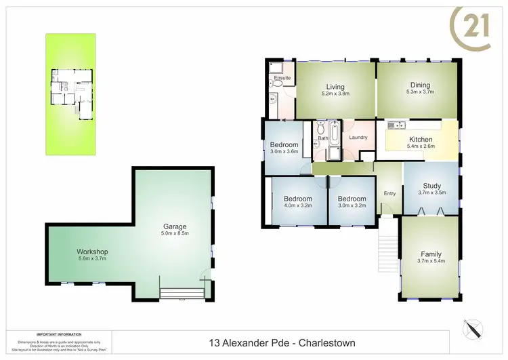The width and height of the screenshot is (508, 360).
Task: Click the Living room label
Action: [335, 87]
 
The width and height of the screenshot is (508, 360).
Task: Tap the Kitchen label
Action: [420, 140]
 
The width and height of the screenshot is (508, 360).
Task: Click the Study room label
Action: [431, 186]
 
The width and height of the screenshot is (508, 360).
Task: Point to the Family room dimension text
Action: [431, 261]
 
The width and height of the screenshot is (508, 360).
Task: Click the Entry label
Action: [389, 194]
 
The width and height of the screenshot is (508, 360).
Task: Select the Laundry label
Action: [358, 138]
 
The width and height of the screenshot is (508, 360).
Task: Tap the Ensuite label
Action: [282, 79]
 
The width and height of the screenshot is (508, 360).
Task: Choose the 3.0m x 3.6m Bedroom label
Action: [284, 145]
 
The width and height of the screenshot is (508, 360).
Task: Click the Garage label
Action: [174, 226]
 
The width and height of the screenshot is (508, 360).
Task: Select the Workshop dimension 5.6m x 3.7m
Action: [92, 258]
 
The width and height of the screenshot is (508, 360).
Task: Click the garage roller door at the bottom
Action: [181, 292]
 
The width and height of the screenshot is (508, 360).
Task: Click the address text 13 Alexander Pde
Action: [248, 344]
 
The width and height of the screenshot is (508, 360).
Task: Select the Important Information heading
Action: [59, 334]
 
